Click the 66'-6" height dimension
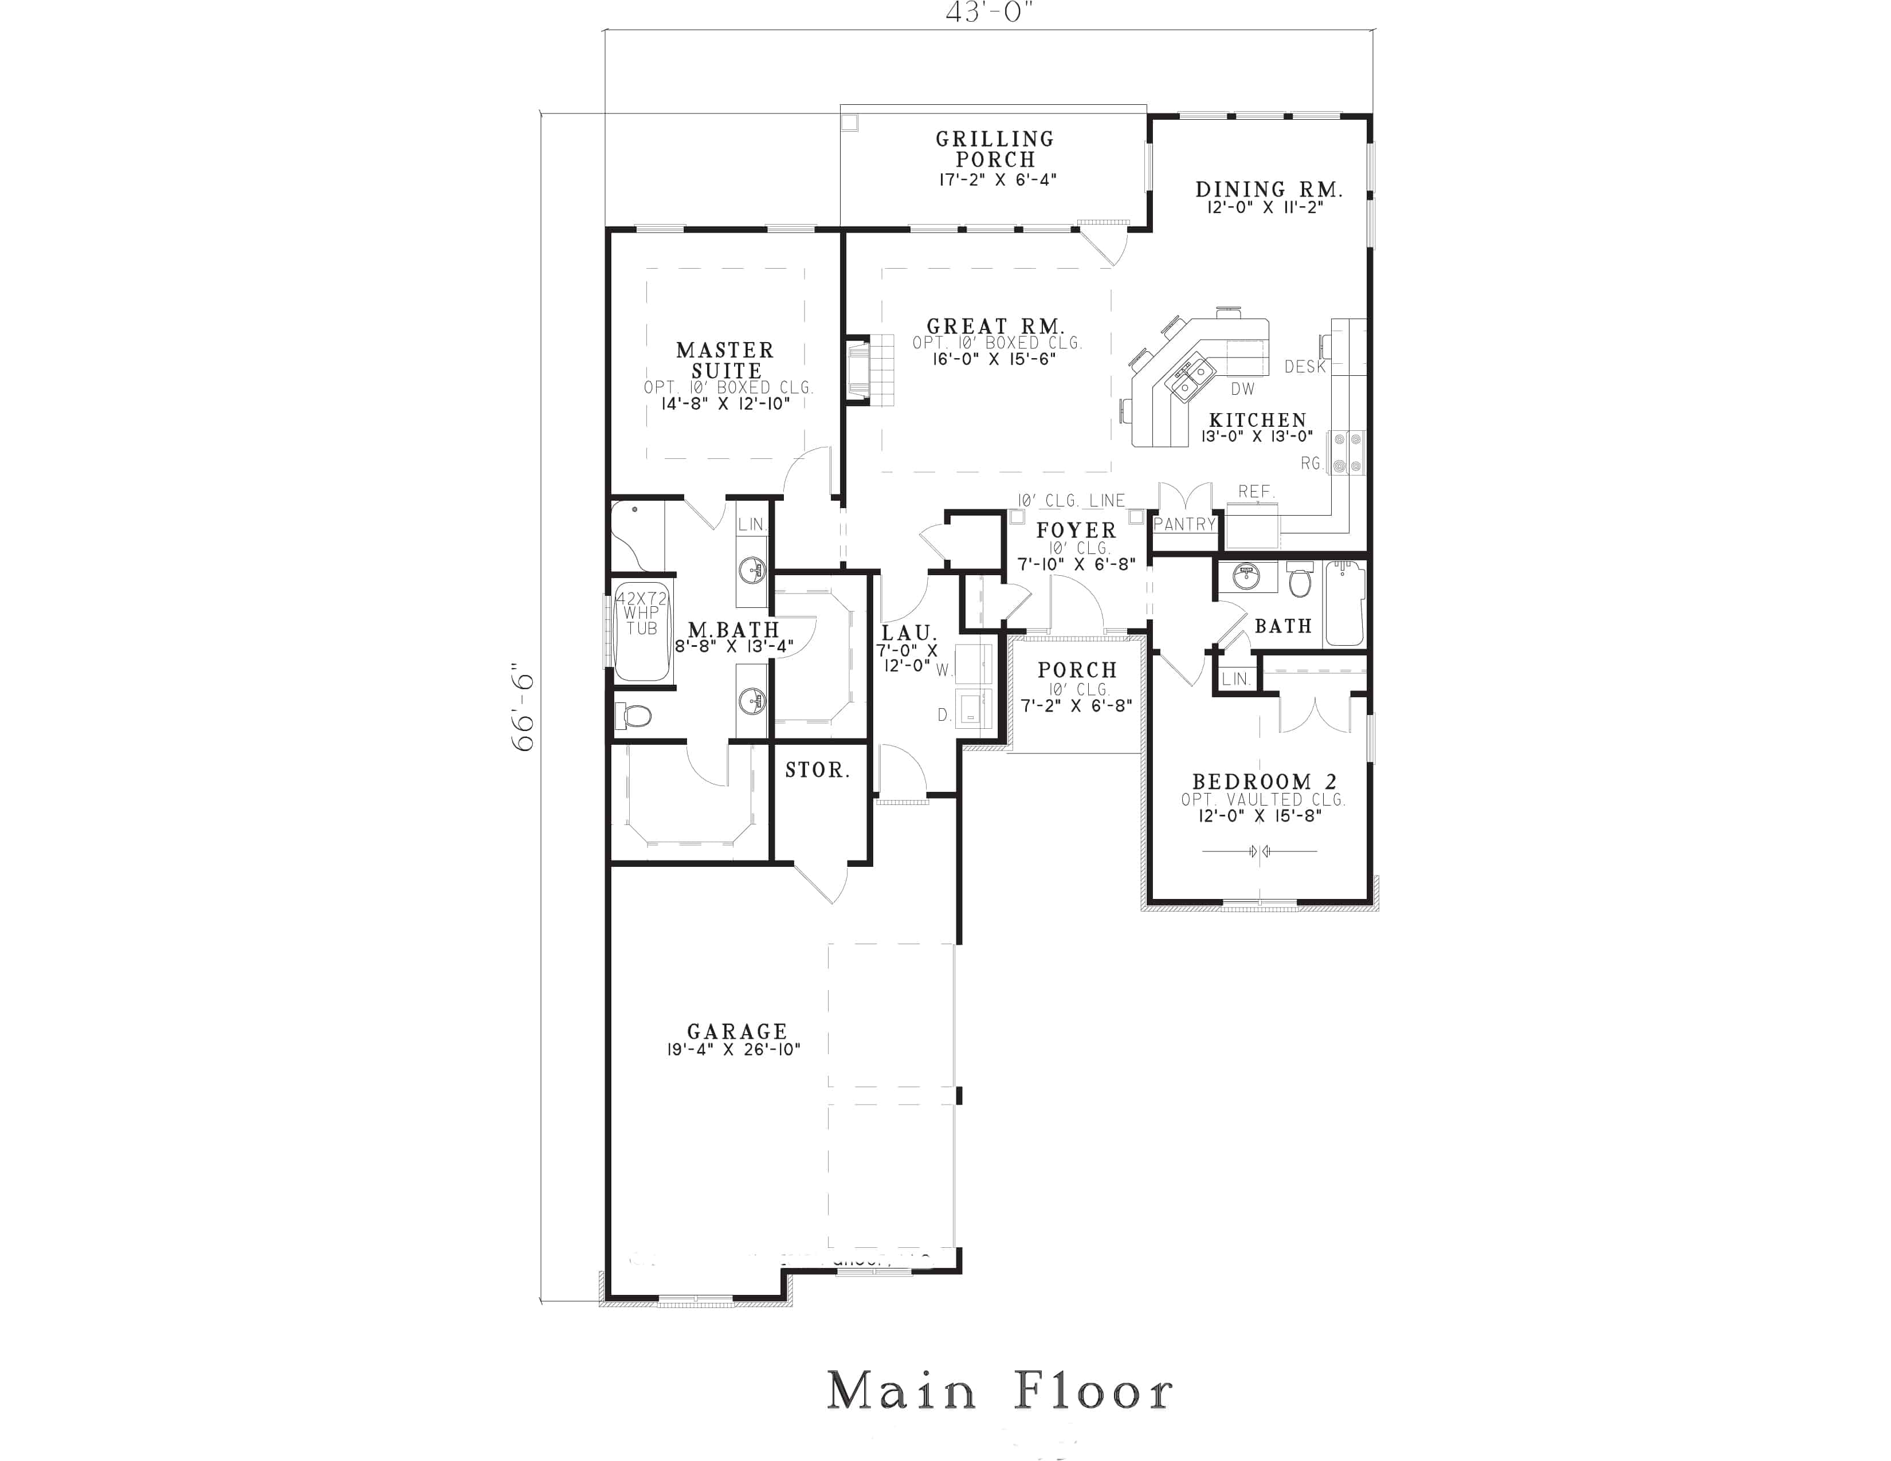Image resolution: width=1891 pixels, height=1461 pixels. tap(524, 706)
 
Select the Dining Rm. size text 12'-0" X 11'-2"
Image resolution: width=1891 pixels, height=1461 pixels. tap(1265, 208)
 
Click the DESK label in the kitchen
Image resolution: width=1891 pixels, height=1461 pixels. tap(1305, 367)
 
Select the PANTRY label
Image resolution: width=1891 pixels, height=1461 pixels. tap(1184, 524)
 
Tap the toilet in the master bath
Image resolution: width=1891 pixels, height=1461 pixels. tap(634, 716)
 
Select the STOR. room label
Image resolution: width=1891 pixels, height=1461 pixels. tap(817, 769)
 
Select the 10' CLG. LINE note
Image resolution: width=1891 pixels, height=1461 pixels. tap(1071, 500)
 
